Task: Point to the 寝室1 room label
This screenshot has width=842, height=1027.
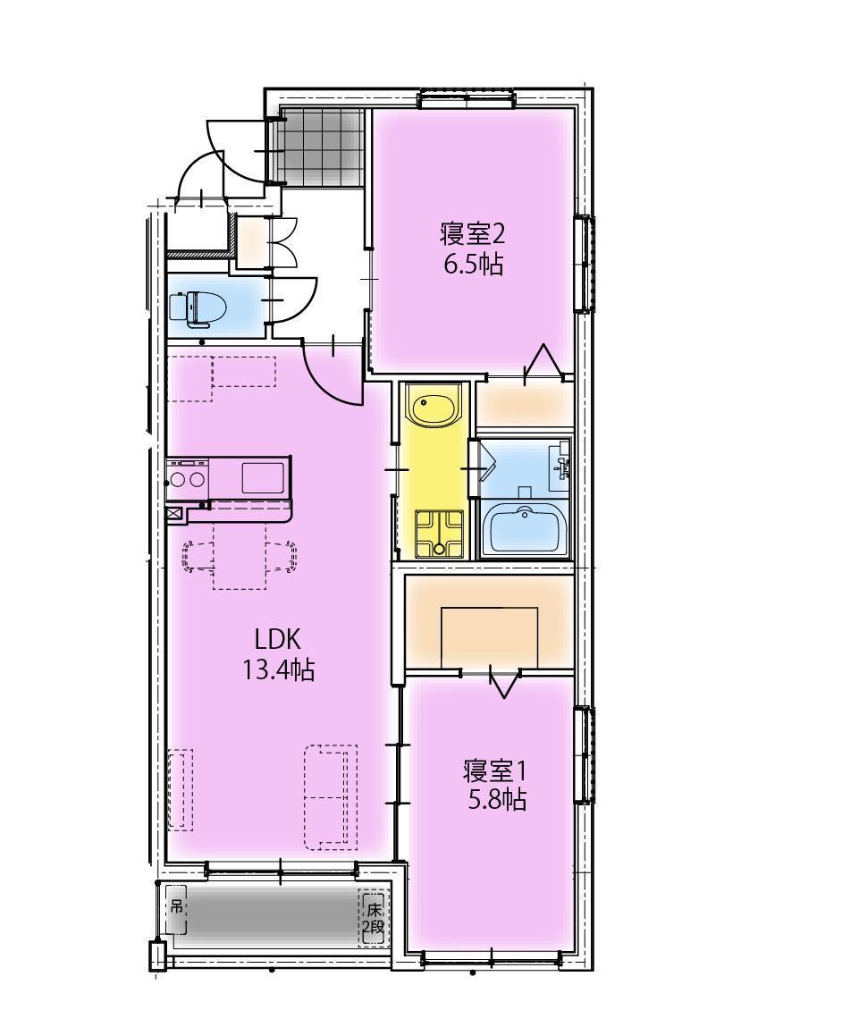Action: (496, 769)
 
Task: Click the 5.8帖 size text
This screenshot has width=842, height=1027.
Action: (497, 799)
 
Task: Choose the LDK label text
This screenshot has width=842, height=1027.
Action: (277, 639)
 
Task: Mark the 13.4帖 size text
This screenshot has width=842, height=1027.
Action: (278, 669)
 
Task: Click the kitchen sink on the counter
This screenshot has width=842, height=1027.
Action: (263, 478)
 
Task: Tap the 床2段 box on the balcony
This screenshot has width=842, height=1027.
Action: (373, 918)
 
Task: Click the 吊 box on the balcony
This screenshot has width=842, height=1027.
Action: (177, 910)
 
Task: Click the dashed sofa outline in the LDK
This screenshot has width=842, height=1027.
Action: (330, 796)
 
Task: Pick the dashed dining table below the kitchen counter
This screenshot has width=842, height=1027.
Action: (240, 556)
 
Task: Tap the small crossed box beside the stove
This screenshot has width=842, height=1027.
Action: (173, 514)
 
